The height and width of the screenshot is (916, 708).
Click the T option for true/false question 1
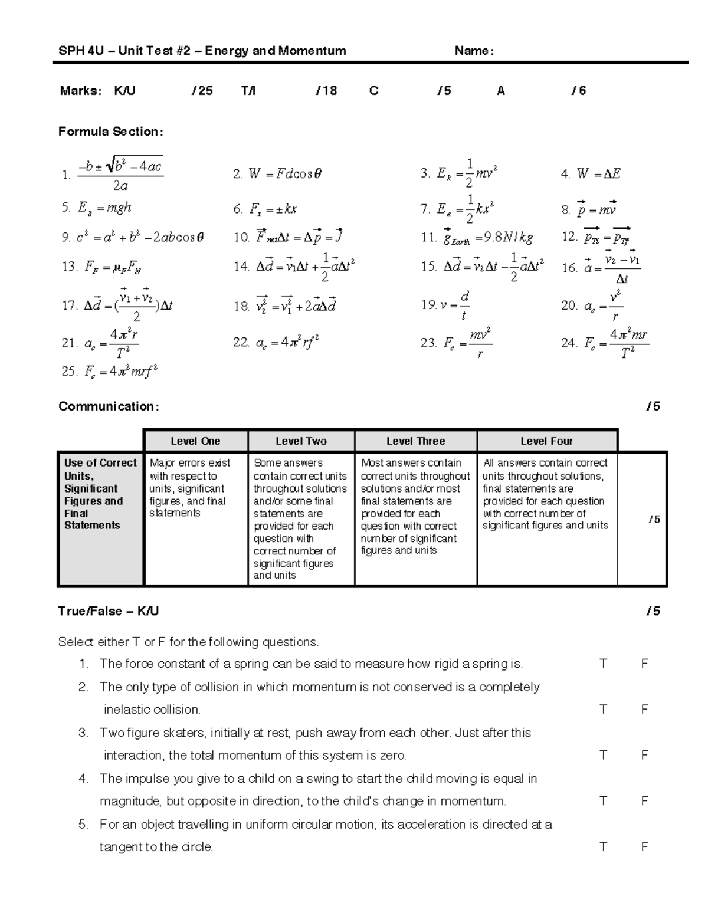(603, 664)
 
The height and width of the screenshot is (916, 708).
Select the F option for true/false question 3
(644, 756)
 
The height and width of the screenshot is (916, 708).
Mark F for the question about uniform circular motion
(644, 847)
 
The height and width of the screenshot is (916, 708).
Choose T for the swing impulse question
(603, 801)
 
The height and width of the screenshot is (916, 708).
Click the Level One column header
(195, 441)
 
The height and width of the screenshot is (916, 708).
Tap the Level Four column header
(546, 441)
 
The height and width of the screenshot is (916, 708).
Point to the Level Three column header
(415, 441)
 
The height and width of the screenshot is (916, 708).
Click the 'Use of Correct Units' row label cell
(100, 494)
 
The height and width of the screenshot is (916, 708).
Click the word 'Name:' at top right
(474, 51)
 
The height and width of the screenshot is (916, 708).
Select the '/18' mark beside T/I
(327, 91)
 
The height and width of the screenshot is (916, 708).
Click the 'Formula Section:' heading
(110, 132)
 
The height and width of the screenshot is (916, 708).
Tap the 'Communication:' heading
(109, 406)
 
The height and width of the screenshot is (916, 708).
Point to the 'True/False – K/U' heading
(109, 611)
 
